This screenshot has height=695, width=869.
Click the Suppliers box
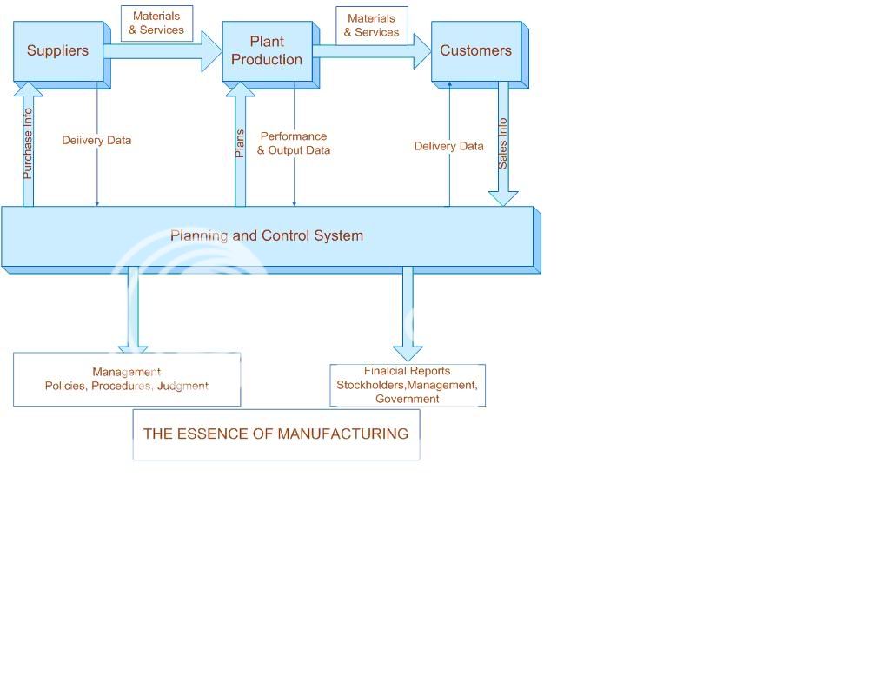click(58, 51)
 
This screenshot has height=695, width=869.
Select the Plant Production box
click(267, 51)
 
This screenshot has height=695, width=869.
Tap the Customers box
click(476, 51)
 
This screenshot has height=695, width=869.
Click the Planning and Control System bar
click(267, 236)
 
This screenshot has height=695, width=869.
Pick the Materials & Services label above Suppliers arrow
click(157, 23)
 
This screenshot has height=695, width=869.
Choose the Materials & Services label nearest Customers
click(372, 25)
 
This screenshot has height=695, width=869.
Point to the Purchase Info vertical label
click(28, 143)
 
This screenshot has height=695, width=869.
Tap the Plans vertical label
click(241, 143)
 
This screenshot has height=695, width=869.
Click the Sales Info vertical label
click(502, 143)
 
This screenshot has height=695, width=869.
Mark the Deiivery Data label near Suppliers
click(96, 140)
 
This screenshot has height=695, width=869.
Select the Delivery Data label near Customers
click(448, 146)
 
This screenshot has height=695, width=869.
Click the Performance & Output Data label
click(294, 143)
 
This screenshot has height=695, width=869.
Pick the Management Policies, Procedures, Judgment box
click(127, 380)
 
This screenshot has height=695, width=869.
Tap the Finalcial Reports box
click(408, 385)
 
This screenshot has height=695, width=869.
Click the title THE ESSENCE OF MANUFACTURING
click(275, 434)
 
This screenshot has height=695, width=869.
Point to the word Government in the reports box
click(408, 399)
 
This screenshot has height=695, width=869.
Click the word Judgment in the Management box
click(182, 386)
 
